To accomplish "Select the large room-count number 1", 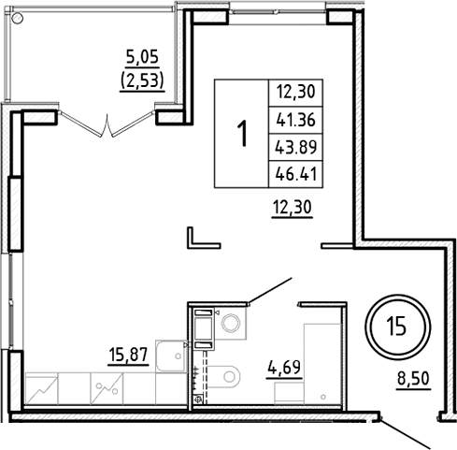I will point(243,133).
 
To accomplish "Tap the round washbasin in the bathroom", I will point(231,323).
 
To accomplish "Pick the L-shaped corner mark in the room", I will point(200,238).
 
